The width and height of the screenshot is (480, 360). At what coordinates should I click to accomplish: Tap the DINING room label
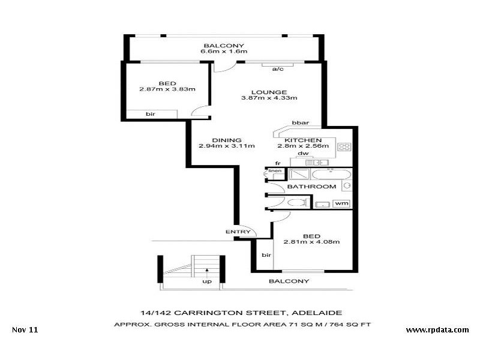tap(227, 140)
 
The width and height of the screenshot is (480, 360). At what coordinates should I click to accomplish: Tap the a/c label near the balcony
tap(278, 70)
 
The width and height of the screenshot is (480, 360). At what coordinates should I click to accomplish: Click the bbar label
tap(300, 123)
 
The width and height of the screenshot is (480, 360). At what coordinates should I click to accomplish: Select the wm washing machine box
tap(342, 203)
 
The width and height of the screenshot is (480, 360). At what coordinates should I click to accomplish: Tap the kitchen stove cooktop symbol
tap(344, 146)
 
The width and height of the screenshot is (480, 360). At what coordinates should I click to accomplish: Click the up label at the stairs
tap(207, 281)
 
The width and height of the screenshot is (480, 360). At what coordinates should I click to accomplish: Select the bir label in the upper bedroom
tap(149, 113)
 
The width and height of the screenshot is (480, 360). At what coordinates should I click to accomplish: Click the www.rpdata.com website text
tap(437, 330)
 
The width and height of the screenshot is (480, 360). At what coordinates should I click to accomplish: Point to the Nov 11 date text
tap(25, 330)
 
